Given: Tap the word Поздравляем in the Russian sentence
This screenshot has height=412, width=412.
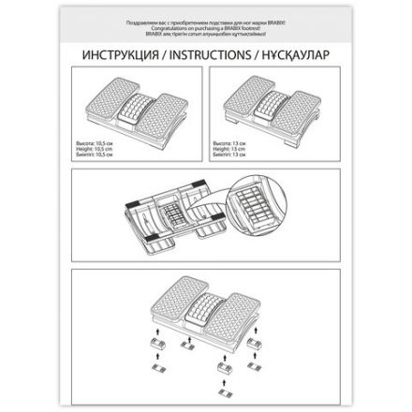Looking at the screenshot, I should (149, 18).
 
